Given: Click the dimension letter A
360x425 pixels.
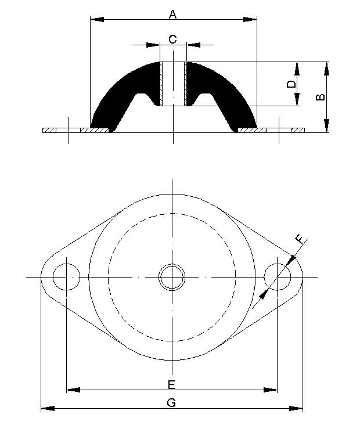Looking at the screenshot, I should click(x=172, y=13).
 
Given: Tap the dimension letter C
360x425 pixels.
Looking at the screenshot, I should click(x=172, y=39).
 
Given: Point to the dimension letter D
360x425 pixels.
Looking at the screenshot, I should click(x=291, y=84).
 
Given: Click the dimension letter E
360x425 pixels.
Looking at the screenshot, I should click(x=171, y=384).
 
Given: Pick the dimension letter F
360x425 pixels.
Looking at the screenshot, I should click(x=300, y=239).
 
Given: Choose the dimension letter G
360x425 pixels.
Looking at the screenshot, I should click(x=171, y=403).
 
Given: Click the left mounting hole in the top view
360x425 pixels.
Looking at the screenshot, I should click(x=67, y=277).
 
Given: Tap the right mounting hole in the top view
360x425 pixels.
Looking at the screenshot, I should click(x=277, y=277).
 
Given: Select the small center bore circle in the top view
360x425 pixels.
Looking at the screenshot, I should click(x=172, y=277).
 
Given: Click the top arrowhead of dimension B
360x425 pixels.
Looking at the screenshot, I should click(x=327, y=68).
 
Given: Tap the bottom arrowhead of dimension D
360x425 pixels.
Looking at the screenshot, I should click(x=297, y=99).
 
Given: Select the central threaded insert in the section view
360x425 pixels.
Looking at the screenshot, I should click(x=173, y=84).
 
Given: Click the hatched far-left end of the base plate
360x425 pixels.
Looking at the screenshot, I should click(x=49, y=130).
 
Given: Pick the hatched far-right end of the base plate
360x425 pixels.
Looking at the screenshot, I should click(x=298, y=130).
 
